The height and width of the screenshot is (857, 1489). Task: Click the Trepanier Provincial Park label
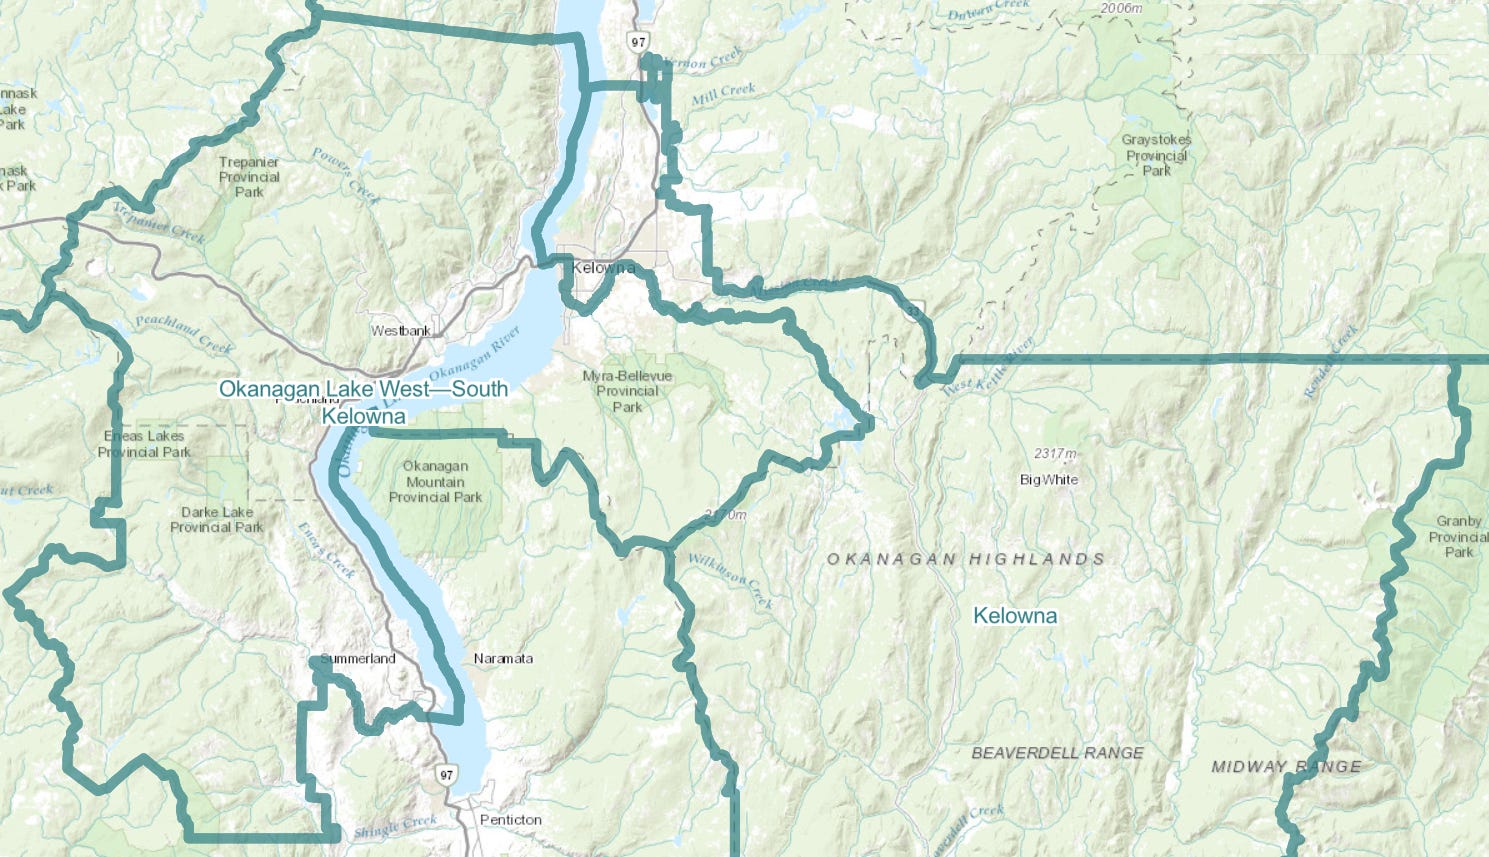click(x=249, y=177)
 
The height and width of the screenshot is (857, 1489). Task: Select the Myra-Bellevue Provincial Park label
click(x=627, y=391)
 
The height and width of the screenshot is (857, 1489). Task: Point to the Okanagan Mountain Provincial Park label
click(x=435, y=481)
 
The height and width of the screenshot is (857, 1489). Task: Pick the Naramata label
click(x=503, y=658)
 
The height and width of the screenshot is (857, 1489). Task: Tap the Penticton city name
click(x=510, y=819)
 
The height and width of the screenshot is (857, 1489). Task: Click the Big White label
click(x=1049, y=479)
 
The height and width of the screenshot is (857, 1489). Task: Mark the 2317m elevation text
click(x=1056, y=454)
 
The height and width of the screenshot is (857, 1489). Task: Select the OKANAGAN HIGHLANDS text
click(x=965, y=559)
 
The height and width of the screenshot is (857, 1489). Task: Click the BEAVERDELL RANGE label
click(x=1057, y=752)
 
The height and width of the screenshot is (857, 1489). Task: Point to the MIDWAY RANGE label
click(x=1286, y=767)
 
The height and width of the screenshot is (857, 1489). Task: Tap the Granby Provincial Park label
click(x=1458, y=536)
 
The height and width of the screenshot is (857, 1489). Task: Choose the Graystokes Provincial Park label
click(x=1156, y=155)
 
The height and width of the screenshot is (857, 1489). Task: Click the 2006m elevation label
click(x=1120, y=8)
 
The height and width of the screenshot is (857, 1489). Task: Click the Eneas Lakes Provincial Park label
click(x=144, y=444)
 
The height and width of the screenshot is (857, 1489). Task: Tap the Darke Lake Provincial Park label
click(x=216, y=519)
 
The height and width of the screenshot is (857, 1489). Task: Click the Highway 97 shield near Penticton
click(x=446, y=775)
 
